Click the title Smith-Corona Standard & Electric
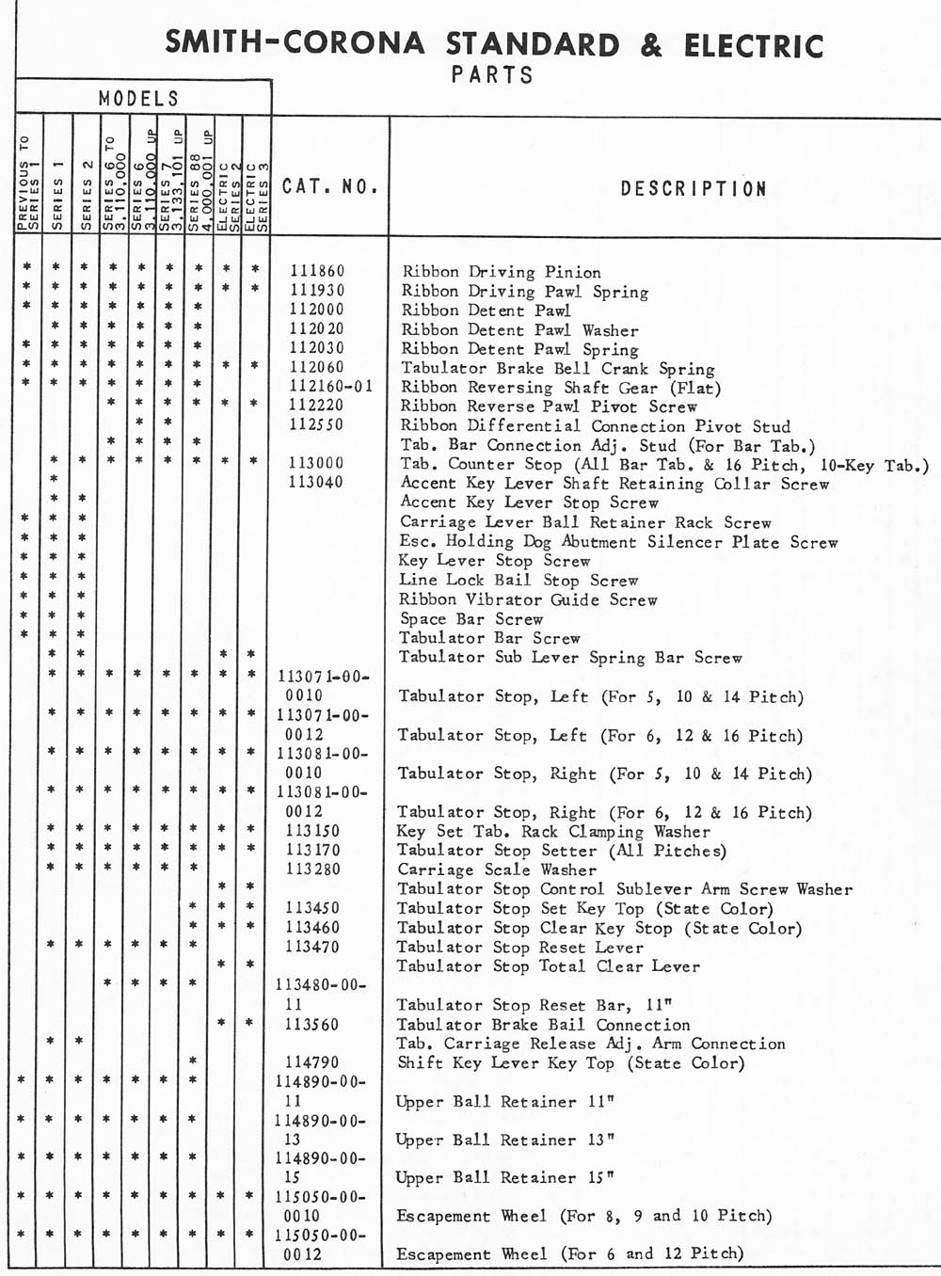click(x=494, y=44)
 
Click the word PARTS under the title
click(x=492, y=75)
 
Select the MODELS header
click(x=138, y=98)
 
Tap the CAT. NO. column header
click(x=330, y=186)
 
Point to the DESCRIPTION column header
click(x=694, y=188)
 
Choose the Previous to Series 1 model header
click(x=24, y=183)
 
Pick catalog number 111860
click(x=317, y=272)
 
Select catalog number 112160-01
click(x=331, y=387)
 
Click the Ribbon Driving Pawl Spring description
click(x=524, y=292)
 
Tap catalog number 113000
click(x=317, y=463)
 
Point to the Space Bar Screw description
click(x=470, y=619)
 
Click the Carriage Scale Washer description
click(x=496, y=869)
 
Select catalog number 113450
click(x=314, y=908)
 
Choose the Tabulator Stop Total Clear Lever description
click(x=548, y=966)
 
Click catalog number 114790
click(x=312, y=1062)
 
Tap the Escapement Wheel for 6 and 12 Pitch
click(x=569, y=1253)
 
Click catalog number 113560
click(x=312, y=1024)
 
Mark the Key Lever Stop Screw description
click(x=494, y=561)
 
